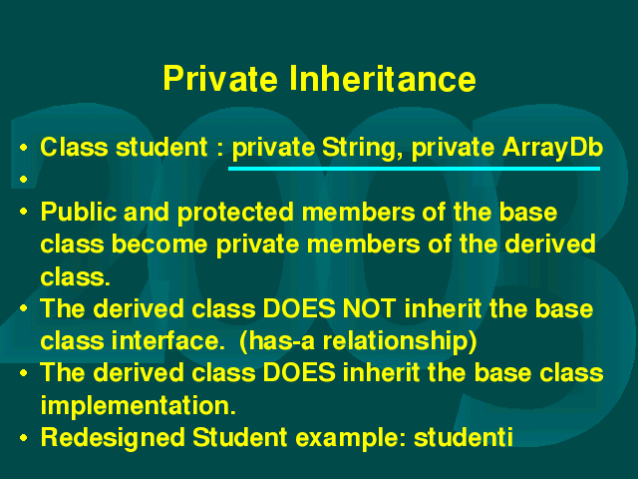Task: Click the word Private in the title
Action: pos(220,78)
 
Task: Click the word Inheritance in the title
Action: pos(383,78)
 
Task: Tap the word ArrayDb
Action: pos(552,149)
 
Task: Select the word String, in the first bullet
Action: pos(359,149)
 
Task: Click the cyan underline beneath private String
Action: pos(415,169)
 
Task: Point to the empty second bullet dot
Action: pos(23,179)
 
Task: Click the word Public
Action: pos(79,212)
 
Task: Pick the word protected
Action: pos(235,213)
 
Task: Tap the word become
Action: pos(159,244)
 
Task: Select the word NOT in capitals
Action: pos(369,308)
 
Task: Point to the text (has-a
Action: pos(277,341)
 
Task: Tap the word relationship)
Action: pos(400,341)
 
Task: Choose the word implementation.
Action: pos(138,405)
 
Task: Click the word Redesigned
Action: pos(113,437)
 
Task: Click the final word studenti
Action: pos(463,437)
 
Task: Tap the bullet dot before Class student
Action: pos(23,148)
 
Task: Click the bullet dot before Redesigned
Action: pos(23,438)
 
